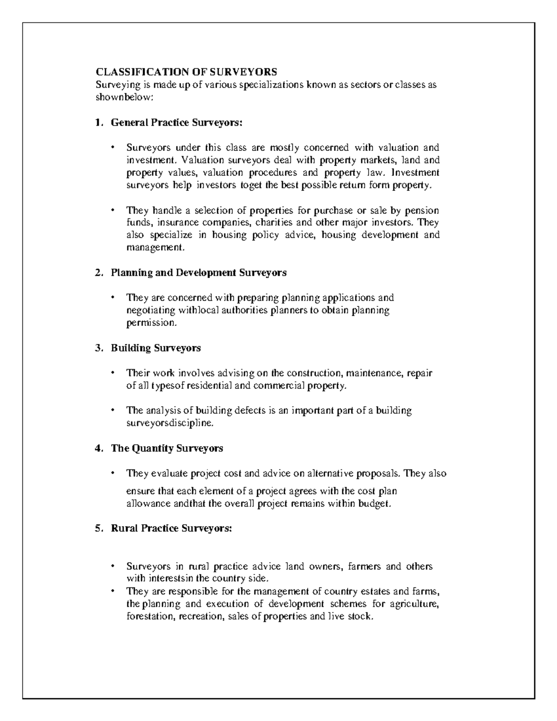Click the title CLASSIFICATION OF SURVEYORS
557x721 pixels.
(186, 72)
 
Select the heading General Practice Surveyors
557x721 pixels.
(176, 123)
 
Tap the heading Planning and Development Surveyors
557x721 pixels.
(199, 273)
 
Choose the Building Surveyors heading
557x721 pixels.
(155, 348)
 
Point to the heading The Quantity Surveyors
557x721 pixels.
(167, 448)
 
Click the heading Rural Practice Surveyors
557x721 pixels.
(171, 528)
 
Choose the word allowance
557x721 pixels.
(148, 504)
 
